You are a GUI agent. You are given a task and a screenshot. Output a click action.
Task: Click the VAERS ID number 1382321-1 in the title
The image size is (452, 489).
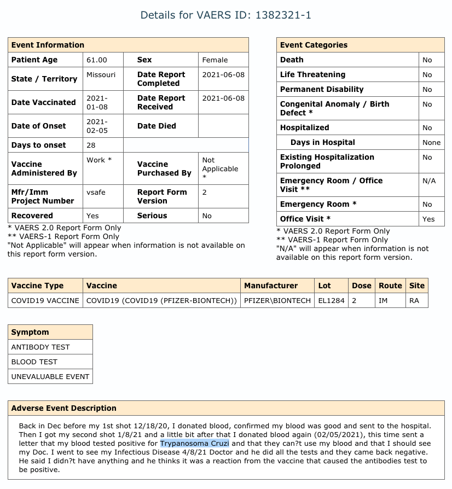click(283, 15)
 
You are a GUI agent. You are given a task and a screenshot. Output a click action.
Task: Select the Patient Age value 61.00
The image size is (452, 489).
click(96, 60)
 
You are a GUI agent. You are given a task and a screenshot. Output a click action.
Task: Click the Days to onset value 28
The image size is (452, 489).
click(91, 145)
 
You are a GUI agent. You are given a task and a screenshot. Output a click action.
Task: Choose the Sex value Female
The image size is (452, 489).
click(215, 60)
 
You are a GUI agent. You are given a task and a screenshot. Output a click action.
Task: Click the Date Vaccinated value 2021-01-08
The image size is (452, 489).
click(97, 102)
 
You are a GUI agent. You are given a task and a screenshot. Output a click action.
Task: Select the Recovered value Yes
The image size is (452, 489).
click(92, 216)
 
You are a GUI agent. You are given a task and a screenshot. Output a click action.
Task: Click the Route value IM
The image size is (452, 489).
click(383, 300)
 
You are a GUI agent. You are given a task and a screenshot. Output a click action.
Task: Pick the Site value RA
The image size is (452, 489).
click(414, 300)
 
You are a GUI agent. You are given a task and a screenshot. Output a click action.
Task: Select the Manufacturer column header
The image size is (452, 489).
click(271, 286)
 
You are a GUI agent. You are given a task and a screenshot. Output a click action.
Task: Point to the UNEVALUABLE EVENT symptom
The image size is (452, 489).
click(50, 376)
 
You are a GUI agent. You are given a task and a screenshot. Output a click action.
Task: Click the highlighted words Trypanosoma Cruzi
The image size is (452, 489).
click(194, 443)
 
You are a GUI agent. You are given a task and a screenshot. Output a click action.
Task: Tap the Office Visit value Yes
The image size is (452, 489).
click(428, 219)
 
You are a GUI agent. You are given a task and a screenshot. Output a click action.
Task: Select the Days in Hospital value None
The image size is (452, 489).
click(431, 143)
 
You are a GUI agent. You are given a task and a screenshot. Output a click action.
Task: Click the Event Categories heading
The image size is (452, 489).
click(314, 45)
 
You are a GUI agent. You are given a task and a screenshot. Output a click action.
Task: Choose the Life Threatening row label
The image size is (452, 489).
click(312, 75)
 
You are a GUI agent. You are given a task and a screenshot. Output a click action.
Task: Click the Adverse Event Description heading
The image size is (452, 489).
click(63, 408)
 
